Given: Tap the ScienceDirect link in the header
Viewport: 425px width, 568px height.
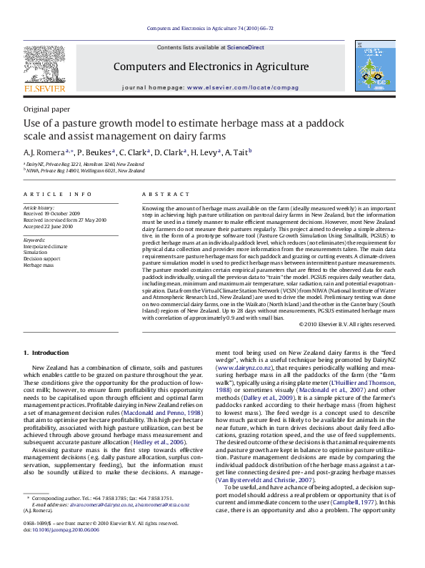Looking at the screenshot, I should (x=245, y=48).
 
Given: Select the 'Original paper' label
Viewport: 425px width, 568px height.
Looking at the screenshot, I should (x=47, y=109).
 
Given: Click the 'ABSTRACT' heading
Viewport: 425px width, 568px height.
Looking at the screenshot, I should (x=161, y=195).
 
